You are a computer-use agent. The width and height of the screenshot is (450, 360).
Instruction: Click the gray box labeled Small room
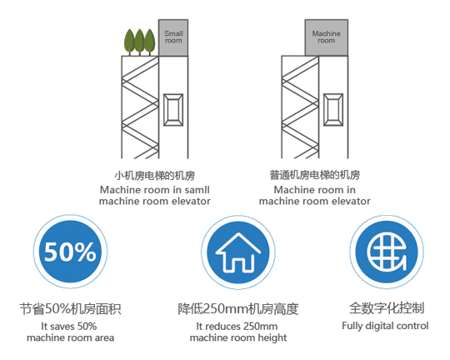[x=173, y=37]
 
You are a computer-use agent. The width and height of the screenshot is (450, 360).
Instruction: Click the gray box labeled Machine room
[x=327, y=37]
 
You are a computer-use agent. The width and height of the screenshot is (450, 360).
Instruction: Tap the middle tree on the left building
[x=140, y=42]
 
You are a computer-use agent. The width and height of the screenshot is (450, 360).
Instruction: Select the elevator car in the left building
[x=173, y=110]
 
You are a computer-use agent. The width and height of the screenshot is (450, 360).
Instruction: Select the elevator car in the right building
[x=333, y=110]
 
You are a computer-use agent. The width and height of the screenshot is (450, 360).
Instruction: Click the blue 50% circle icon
[x=70, y=252]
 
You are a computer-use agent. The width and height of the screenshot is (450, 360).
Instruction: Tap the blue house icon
[x=238, y=252]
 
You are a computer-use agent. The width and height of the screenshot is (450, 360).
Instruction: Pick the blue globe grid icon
[x=387, y=252]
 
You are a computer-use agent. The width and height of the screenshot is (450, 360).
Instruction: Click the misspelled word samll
[x=197, y=190]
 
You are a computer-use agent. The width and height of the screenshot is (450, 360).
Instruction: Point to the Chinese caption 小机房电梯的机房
[x=155, y=175]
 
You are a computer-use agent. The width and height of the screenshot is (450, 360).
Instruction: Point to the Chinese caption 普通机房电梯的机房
[x=314, y=175]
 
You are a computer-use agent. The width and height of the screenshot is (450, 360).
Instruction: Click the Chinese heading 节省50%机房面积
[x=70, y=309]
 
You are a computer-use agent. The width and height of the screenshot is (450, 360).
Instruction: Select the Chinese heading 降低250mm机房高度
[x=238, y=309]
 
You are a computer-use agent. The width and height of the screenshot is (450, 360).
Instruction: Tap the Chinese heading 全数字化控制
[x=387, y=308]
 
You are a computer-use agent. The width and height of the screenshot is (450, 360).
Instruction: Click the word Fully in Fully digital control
[x=352, y=326]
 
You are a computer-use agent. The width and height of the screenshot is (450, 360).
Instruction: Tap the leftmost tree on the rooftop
[x=129, y=42]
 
